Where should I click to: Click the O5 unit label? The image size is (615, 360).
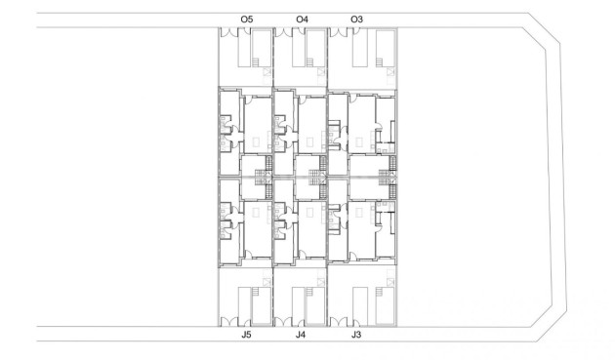[x=247, y=19]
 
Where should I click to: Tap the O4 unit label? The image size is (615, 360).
[x=302, y=19]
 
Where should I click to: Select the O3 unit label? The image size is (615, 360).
[x=356, y=19]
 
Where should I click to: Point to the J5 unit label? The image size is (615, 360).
[x=247, y=335]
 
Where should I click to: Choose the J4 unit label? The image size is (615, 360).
[x=302, y=335]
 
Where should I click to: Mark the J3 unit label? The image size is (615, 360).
[x=356, y=335]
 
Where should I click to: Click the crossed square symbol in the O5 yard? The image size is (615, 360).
[x=267, y=73]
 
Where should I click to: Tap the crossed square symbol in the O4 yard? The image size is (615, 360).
[x=322, y=73]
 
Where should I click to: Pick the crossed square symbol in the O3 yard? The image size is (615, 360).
[x=390, y=73]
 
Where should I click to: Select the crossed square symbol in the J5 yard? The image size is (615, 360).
[x=267, y=280]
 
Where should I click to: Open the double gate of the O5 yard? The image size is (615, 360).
[x=227, y=33]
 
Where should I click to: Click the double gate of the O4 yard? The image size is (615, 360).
[x=283, y=33]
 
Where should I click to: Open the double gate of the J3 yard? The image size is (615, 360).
[x=338, y=320]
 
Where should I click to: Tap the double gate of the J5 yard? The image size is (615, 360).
[x=227, y=320]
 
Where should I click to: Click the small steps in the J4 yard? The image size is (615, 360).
[x=309, y=292]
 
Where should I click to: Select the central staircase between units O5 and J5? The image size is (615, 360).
[x=261, y=177]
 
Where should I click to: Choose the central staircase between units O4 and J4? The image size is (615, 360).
[x=315, y=177]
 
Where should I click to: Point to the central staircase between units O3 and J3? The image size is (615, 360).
[x=391, y=177]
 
